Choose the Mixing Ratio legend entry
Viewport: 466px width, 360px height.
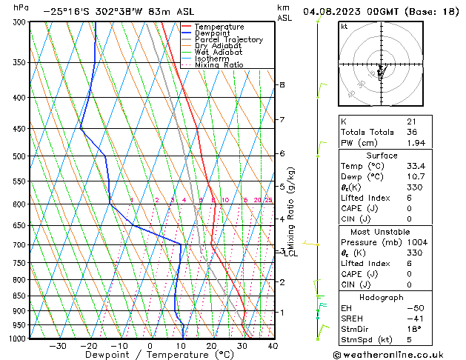click(x=219, y=65)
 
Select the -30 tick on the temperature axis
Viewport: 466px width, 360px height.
click(x=58, y=346)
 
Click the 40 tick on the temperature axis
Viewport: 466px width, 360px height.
click(x=273, y=346)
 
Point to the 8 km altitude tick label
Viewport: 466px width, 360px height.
click(x=282, y=85)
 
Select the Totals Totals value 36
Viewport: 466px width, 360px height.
click(x=411, y=132)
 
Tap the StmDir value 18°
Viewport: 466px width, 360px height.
click(x=413, y=330)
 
